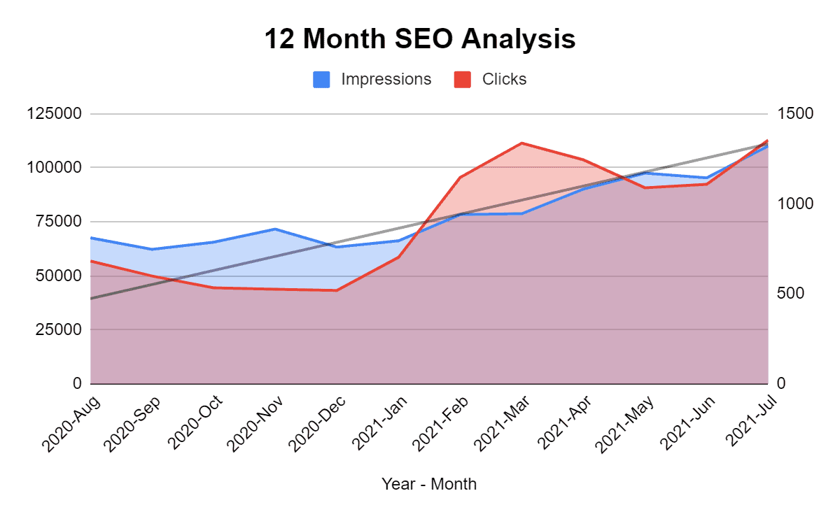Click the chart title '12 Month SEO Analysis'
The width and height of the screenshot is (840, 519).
click(419, 39)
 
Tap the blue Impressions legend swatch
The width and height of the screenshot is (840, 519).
click(321, 80)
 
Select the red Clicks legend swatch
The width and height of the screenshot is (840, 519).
click(462, 80)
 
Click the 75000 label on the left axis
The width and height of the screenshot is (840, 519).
click(55, 222)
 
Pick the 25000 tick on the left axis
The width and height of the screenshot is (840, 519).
click(55, 329)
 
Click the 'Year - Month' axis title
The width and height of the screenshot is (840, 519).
click(428, 483)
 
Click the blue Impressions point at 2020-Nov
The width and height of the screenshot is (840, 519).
click(275, 229)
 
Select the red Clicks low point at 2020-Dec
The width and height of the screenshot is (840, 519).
click(337, 290)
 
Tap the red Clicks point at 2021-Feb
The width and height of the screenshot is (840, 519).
click(460, 178)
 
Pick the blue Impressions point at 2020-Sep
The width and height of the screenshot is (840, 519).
click(152, 249)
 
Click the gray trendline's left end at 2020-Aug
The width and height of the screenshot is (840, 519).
click(91, 299)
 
